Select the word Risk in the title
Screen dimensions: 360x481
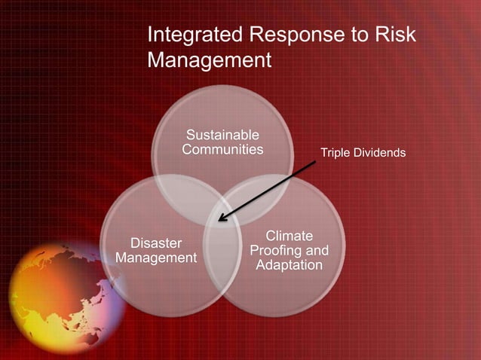pos(394,35)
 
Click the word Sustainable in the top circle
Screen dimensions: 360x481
pos(222,135)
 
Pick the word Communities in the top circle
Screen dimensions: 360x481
pos(222,149)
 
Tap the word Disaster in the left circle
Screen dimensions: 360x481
pos(156,243)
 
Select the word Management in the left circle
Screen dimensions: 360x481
pos(156,258)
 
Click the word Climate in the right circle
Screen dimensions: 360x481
pos(290,236)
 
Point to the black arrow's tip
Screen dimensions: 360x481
pos(219,221)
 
